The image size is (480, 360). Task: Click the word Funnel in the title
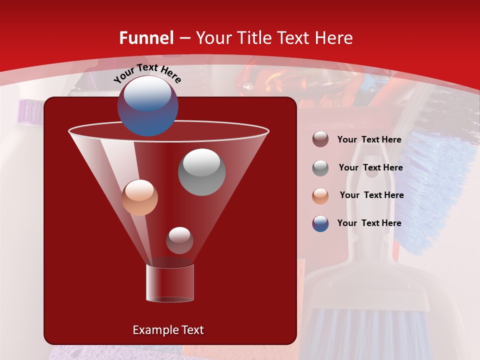tap(146, 38)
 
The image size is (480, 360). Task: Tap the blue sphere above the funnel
tap(147, 105)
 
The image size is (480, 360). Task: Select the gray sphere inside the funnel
tap(202, 171)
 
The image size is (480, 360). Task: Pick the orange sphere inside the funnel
tap(140, 197)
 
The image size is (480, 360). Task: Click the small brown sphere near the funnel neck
tap(179, 240)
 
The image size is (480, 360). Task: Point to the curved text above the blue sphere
tap(147, 73)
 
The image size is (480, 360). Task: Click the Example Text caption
tap(168, 330)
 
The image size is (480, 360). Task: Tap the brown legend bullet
tap(320, 139)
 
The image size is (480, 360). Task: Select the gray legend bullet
tap(320, 168)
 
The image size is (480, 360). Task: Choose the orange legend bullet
tap(320, 196)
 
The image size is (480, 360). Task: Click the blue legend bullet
tap(320, 223)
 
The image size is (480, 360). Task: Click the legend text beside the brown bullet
tap(369, 140)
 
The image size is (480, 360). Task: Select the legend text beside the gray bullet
tap(370, 168)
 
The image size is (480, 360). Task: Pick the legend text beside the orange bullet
tap(371, 195)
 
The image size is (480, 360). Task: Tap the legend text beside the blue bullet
tap(369, 223)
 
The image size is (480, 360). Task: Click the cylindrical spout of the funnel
tap(170, 283)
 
